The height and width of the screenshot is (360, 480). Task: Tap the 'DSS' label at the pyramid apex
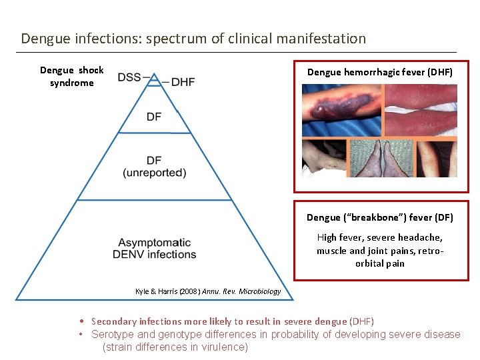coord(129,77)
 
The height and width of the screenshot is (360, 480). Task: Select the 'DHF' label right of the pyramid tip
coord(183,82)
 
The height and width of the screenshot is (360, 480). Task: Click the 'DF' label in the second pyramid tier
coord(154,117)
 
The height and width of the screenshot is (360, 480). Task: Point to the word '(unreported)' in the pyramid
coord(155,173)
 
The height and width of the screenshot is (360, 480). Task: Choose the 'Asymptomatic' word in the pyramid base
coord(154,243)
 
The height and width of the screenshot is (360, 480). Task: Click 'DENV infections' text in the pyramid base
coord(154,254)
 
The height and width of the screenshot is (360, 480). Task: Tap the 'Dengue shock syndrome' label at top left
coord(72,77)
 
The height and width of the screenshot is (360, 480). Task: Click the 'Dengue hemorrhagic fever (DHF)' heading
coord(379,72)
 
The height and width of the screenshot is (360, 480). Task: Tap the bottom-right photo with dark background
coord(437,158)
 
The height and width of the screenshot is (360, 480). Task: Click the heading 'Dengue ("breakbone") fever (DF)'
coord(379,217)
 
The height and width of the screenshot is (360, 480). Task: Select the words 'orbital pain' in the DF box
coord(379,263)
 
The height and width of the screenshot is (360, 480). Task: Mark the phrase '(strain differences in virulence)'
coord(175,347)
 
